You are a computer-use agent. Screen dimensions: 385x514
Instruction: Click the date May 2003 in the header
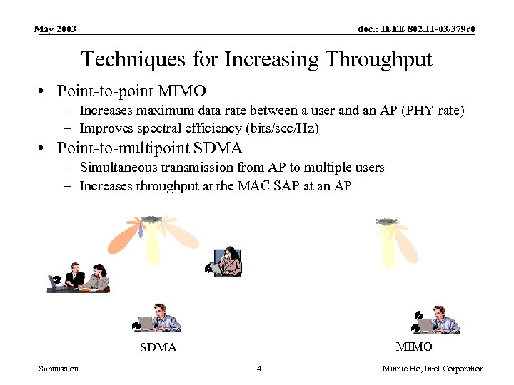(x=56, y=29)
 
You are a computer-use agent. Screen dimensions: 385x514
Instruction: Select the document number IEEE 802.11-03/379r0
(x=416, y=29)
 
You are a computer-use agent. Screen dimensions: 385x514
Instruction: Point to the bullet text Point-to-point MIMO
(x=131, y=91)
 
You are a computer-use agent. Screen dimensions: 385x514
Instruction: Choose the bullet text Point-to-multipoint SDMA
(x=150, y=148)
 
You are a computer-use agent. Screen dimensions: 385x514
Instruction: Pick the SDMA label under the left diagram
(x=158, y=348)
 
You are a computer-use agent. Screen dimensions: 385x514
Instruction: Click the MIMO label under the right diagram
(x=414, y=346)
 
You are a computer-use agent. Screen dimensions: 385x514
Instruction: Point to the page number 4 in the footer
(x=259, y=369)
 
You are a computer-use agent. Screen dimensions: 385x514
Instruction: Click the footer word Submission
(x=59, y=369)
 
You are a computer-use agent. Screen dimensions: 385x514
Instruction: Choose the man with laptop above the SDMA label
(x=158, y=319)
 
